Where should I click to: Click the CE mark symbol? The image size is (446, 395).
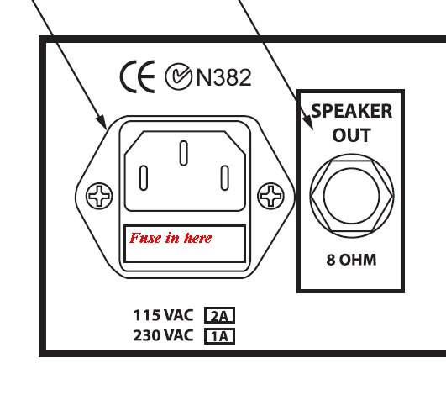click(x=138, y=76)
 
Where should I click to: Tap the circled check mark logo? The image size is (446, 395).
click(x=178, y=76)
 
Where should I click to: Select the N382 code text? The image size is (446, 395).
click(x=224, y=77)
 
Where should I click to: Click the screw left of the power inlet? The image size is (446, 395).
click(x=99, y=196)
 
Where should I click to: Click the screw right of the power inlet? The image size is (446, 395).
click(x=270, y=196)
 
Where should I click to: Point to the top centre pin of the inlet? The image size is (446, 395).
click(x=184, y=153)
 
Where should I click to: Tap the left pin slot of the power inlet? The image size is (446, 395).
click(x=144, y=178)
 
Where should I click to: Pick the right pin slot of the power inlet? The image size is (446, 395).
click(x=225, y=178)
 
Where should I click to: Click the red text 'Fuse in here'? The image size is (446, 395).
click(x=171, y=238)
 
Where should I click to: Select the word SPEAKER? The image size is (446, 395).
click(x=352, y=111)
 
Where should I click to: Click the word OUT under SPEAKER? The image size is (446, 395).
click(x=352, y=135)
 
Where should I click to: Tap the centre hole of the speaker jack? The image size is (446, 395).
click(x=352, y=196)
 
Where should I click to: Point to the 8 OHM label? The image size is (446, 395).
click(x=352, y=260)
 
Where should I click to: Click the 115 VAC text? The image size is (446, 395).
click(x=163, y=315)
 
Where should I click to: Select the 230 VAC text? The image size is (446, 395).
click(x=163, y=335)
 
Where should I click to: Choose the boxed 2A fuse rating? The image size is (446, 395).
click(x=219, y=315)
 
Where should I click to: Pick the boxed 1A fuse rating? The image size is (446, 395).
click(x=219, y=336)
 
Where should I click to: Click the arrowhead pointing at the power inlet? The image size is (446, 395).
click(x=102, y=122)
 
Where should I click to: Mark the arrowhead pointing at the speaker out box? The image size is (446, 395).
click(x=308, y=122)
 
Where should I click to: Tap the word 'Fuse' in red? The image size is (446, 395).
click(x=145, y=238)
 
